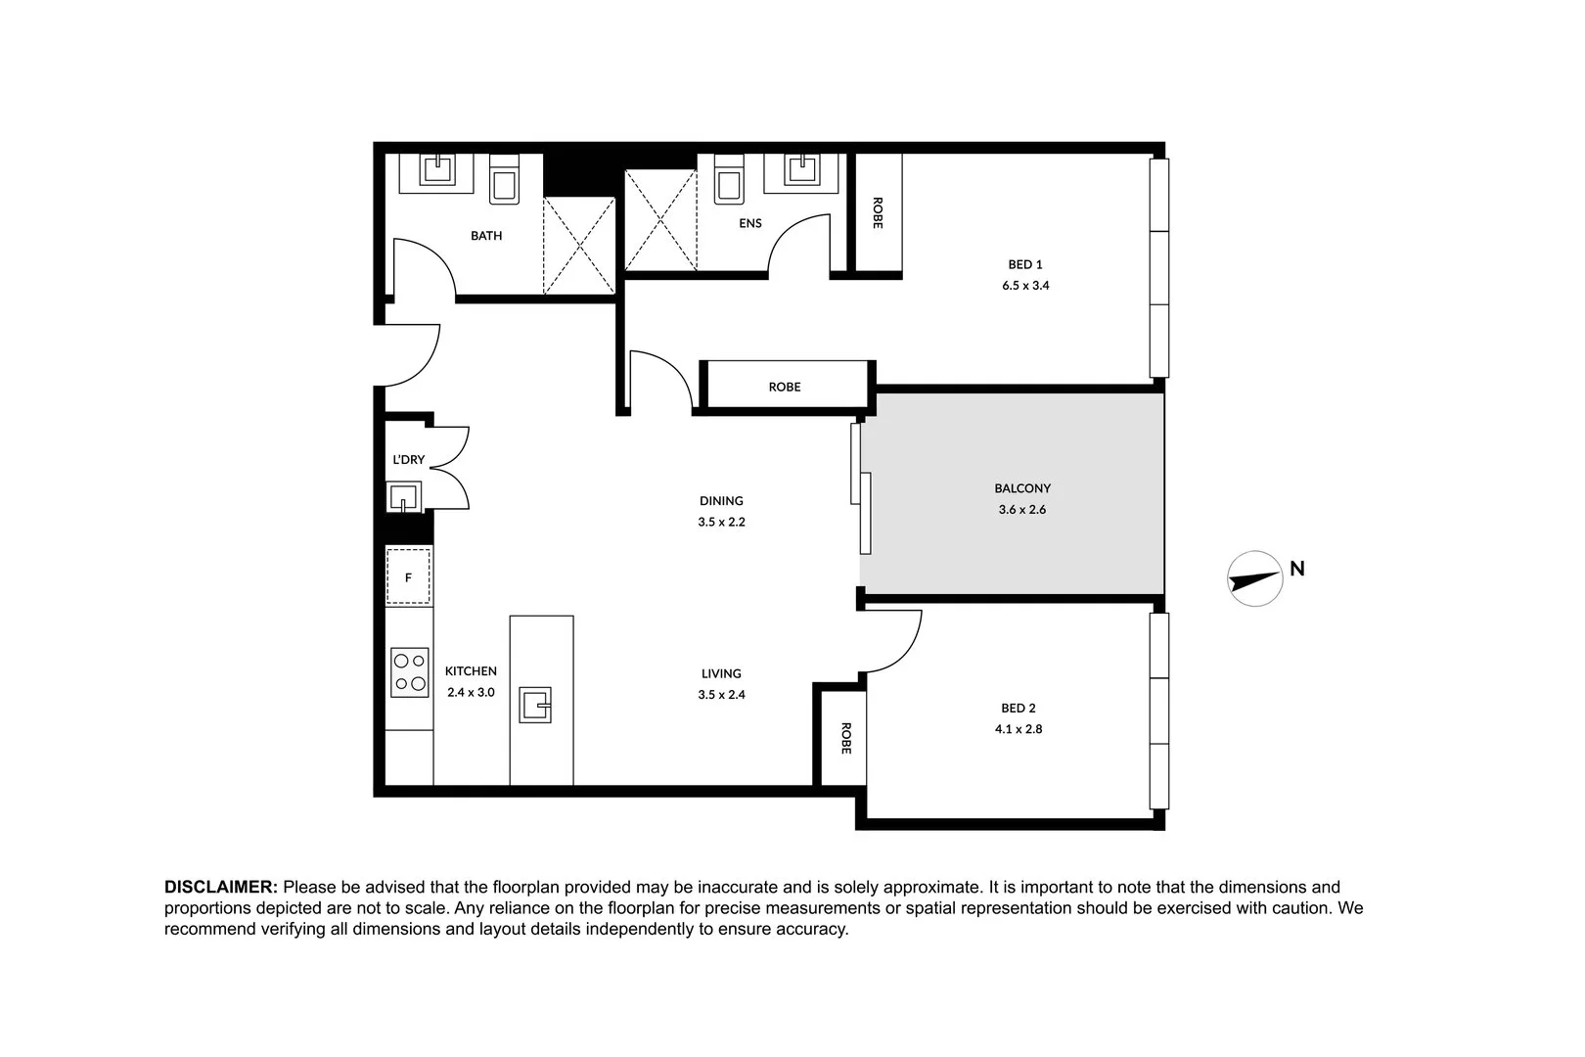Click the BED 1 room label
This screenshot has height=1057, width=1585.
[x=1024, y=264]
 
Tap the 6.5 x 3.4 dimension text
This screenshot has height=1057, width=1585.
[x=1024, y=286]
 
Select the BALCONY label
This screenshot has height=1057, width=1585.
[x=1022, y=488]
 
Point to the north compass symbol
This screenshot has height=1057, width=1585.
[x=1255, y=578]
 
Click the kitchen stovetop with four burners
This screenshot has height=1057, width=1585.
[x=409, y=672]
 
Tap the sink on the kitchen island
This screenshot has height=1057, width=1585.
[x=535, y=705]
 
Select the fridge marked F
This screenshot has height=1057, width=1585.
[x=408, y=577]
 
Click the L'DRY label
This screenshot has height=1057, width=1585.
[x=408, y=460]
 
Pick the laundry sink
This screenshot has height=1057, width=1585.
[x=403, y=497]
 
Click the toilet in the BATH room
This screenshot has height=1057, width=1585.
[x=504, y=181]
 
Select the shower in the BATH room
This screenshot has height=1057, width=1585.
[x=579, y=245]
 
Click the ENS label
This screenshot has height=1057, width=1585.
[x=749, y=223]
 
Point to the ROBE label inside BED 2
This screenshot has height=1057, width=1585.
[x=845, y=738]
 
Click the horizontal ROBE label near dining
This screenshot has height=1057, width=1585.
[x=784, y=387]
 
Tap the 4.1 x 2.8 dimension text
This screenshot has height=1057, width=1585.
[x=1021, y=729]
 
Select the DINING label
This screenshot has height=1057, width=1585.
[x=721, y=501]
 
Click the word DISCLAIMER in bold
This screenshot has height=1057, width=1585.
[x=221, y=888]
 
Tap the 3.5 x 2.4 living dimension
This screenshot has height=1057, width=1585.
[x=721, y=695]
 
